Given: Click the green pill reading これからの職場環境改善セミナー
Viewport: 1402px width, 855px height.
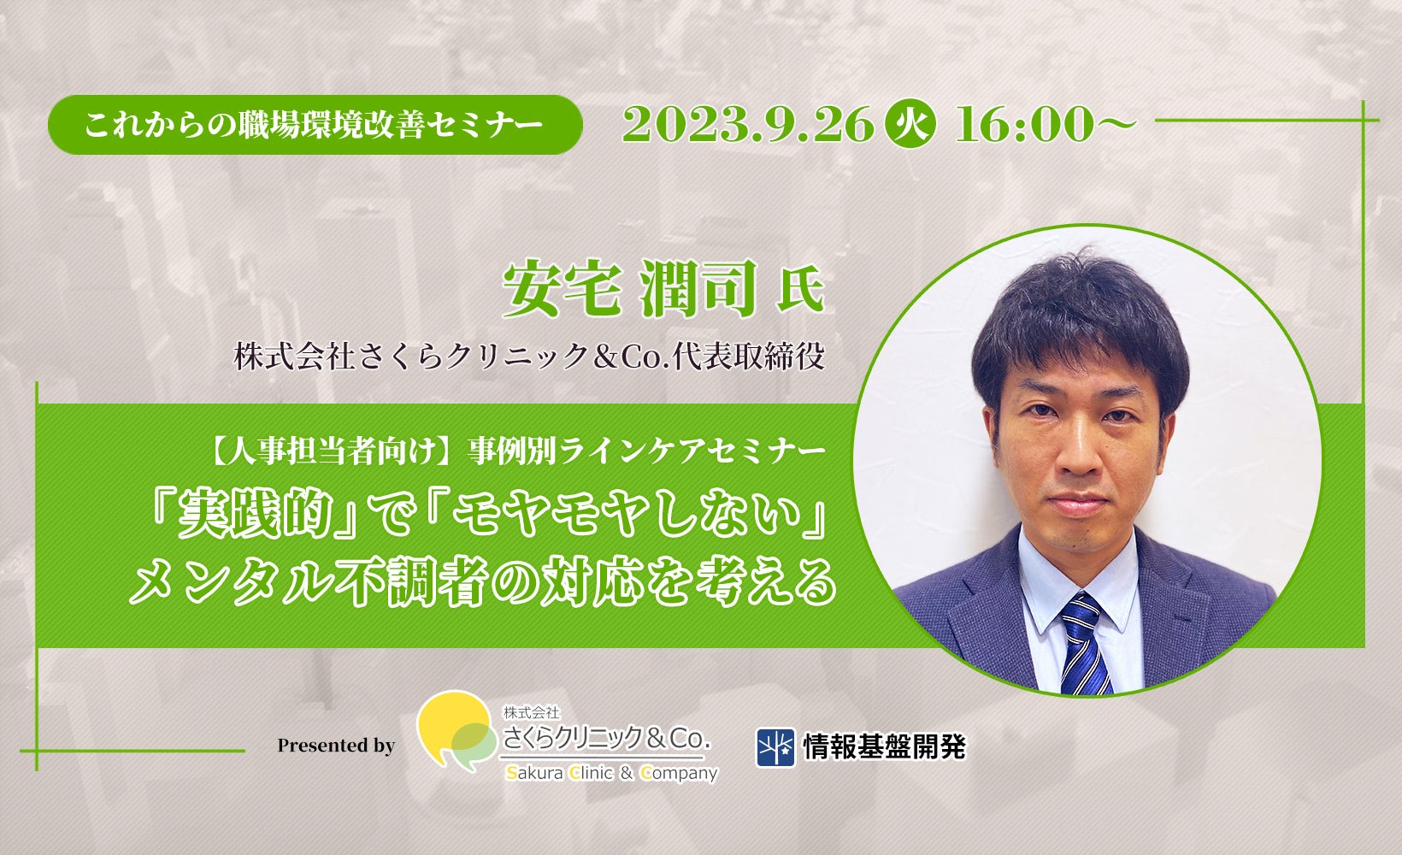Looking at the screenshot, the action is (315, 125).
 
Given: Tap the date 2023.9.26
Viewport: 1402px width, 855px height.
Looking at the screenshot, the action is (748, 124).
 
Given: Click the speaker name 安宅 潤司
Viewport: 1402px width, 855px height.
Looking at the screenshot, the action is (630, 289).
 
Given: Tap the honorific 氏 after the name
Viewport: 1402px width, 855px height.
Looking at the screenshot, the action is (800, 293).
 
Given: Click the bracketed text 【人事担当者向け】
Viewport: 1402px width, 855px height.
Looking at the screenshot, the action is (331, 451).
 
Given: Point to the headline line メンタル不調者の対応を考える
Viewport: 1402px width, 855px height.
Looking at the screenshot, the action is (482, 581).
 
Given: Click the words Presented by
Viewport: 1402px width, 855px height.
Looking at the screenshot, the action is (336, 746).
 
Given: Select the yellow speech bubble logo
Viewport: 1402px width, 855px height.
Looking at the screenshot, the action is (455, 730).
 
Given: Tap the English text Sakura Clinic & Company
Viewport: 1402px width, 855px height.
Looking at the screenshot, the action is (611, 774).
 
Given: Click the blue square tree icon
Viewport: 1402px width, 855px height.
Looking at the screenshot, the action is (775, 747).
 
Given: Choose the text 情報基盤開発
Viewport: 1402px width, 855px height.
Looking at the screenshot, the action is (885, 746).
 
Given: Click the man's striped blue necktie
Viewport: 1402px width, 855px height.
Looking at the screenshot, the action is (1084, 644).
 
